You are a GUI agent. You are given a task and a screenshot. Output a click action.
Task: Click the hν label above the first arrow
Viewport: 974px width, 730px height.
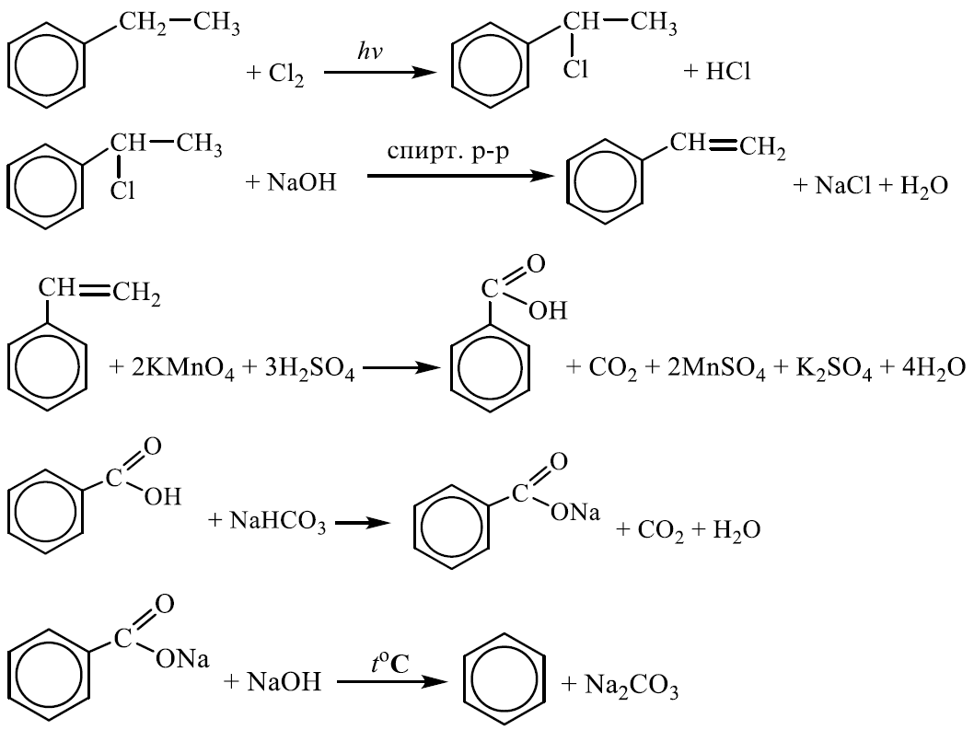tap(369, 51)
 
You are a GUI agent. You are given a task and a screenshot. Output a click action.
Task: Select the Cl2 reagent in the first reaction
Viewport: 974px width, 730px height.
tap(286, 75)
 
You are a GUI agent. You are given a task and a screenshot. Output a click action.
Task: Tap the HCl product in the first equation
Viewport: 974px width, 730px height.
tap(728, 72)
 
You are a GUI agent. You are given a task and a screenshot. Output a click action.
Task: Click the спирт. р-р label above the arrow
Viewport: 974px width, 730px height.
tap(447, 151)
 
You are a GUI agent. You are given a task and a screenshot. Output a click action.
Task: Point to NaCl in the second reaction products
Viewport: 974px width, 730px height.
tap(843, 185)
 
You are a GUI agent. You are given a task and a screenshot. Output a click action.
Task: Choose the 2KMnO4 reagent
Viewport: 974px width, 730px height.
tap(182, 369)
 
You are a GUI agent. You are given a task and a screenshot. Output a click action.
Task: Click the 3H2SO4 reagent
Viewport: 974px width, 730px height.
tap(309, 369)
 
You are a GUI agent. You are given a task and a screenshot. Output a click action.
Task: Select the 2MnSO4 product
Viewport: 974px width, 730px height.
tap(715, 369)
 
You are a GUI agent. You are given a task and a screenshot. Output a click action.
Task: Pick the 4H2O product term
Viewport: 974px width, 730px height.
tap(932, 369)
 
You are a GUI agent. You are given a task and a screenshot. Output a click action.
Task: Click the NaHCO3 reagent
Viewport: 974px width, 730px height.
tap(277, 521)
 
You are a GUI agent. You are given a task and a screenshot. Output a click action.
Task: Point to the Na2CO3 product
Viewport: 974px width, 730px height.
tap(632, 685)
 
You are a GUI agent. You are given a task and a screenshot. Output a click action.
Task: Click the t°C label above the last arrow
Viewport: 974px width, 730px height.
tap(390, 664)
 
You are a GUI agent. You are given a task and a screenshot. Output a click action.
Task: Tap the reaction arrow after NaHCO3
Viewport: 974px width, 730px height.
tap(363, 523)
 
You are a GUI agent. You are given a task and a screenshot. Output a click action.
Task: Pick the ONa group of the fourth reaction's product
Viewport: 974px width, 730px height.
tap(575, 512)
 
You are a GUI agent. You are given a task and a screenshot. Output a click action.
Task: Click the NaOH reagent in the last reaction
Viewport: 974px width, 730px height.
tap(284, 681)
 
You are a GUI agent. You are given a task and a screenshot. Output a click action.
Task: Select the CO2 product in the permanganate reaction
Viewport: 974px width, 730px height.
tap(612, 369)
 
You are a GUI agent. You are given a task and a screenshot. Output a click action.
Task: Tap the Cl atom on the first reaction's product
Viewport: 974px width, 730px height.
tap(575, 70)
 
